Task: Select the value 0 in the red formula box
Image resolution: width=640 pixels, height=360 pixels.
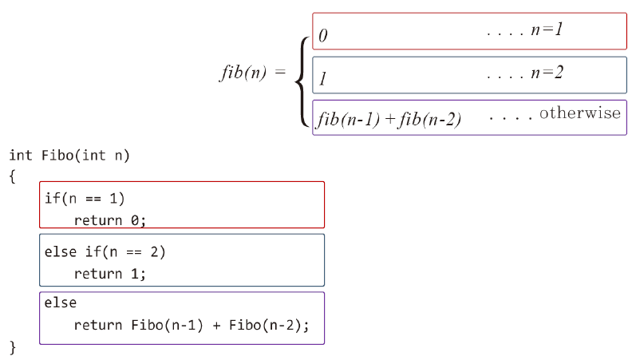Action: [x=322, y=36]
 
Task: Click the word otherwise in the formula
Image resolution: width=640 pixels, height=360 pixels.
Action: [x=579, y=113]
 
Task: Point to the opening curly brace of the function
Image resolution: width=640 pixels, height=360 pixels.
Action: [x=13, y=176]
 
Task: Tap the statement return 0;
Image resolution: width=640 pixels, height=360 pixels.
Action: [x=111, y=220]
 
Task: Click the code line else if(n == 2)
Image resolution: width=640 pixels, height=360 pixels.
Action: [x=105, y=251]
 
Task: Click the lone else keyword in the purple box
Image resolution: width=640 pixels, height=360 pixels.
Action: [x=61, y=304]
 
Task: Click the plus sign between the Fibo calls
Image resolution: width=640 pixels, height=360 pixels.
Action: [x=217, y=326]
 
